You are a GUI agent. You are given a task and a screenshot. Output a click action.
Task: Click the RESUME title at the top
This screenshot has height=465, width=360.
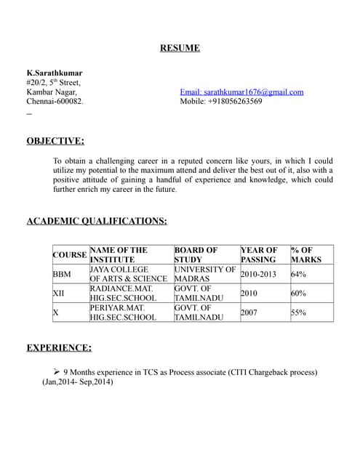(180, 49)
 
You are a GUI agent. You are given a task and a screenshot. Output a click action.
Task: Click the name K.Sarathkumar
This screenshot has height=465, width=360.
(55, 73)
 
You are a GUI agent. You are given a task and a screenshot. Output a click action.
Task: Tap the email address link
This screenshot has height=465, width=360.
(241, 92)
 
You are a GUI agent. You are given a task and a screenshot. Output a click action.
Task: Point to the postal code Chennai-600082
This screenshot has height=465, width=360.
(55, 102)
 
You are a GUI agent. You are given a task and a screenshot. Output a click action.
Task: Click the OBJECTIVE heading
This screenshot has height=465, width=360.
(55, 141)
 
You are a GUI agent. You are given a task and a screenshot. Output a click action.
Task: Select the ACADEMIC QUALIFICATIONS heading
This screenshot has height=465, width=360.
(97, 221)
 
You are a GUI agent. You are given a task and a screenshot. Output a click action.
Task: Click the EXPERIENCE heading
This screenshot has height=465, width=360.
(59, 348)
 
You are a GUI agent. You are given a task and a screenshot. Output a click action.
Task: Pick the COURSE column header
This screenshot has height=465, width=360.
(70, 255)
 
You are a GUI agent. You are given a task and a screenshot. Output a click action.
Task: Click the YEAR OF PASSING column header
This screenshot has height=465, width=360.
(259, 254)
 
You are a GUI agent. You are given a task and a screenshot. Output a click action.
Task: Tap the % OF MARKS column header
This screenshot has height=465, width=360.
(305, 254)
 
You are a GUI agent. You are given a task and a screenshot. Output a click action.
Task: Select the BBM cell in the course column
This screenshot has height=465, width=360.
(62, 275)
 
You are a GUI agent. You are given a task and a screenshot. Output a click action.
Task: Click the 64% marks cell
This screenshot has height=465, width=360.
(298, 275)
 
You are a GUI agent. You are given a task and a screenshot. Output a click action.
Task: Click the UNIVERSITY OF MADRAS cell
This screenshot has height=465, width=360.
(205, 274)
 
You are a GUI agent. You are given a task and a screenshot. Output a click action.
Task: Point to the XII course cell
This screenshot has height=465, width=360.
(59, 294)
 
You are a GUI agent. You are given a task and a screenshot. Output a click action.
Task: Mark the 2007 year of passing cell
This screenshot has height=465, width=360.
(249, 312)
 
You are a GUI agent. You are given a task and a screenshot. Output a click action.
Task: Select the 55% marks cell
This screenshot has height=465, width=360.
(298, 312)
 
